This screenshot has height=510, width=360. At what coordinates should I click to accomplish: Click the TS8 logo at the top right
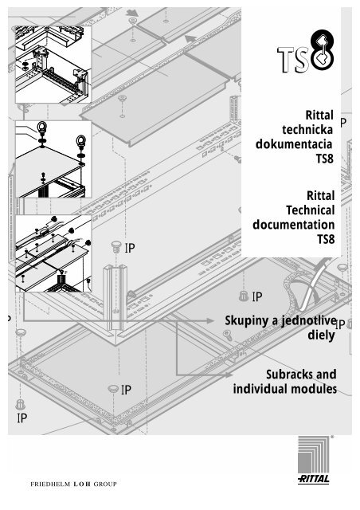306,51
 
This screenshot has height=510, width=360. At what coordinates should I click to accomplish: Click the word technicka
307,129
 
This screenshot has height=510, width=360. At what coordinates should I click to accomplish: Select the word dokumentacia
294,144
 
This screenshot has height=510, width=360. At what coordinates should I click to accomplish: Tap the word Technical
311,210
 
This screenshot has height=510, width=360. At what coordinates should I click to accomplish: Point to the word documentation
294,225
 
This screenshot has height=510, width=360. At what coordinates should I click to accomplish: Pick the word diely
321,335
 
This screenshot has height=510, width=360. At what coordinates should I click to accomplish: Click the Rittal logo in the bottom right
314,460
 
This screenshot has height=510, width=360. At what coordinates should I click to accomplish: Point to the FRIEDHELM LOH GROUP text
73,484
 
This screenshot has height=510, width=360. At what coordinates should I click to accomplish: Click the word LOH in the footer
82,484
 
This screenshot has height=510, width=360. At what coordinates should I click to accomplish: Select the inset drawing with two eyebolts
53,159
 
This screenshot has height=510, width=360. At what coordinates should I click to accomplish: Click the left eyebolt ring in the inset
42,126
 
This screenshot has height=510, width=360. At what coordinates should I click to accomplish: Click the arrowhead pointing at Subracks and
229,375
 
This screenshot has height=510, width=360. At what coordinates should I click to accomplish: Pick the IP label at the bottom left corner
22,418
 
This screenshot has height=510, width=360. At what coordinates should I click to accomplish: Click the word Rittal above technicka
319,115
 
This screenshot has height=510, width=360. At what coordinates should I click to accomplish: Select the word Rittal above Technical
321,196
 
